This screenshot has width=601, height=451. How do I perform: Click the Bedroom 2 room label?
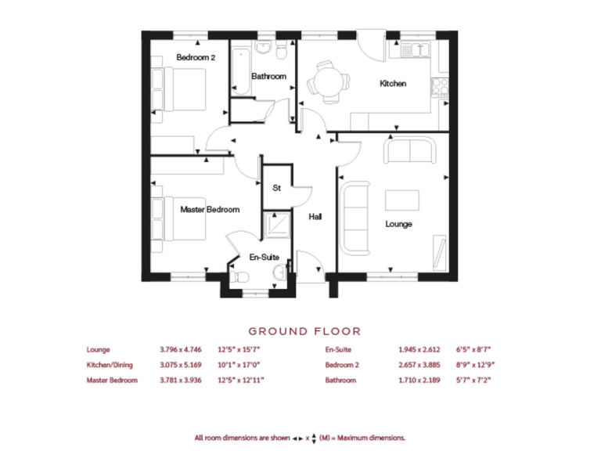point(196,57)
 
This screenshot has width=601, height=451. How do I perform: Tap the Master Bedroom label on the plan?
point(210,209)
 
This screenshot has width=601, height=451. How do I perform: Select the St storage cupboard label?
point(276,188)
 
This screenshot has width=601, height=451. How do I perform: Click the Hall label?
point(315,216)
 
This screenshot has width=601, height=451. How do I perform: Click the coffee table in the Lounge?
point(402,200)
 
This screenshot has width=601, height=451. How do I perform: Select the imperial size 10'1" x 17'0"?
point(240,365)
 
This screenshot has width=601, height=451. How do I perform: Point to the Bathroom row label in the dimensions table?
point(340,380)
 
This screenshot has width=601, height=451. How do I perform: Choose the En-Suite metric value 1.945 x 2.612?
point(420,350)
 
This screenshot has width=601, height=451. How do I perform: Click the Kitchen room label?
point(393,84)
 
